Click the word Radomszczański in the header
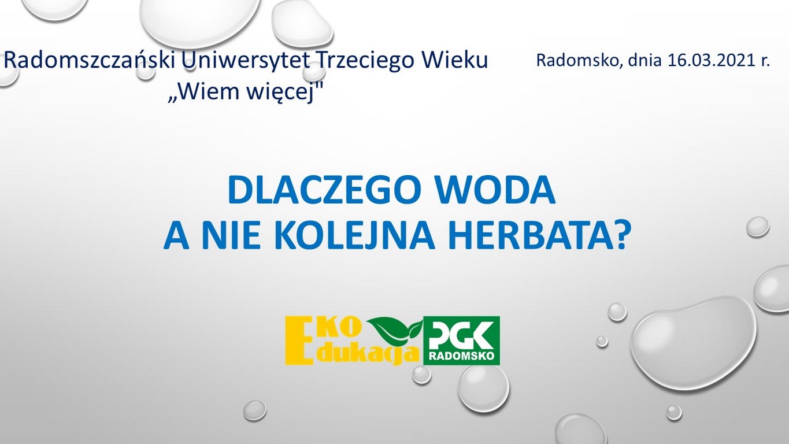(x=90, y=61)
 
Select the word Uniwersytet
(x=245, y=61)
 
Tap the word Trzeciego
(x=366, y=61)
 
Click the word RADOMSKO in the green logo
(x=461, y=357)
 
